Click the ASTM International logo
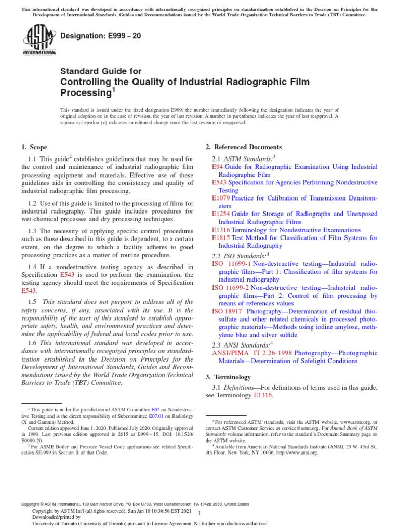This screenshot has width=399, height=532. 39,41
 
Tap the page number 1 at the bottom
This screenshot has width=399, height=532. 199,512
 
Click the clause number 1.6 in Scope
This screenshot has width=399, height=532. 34,343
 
